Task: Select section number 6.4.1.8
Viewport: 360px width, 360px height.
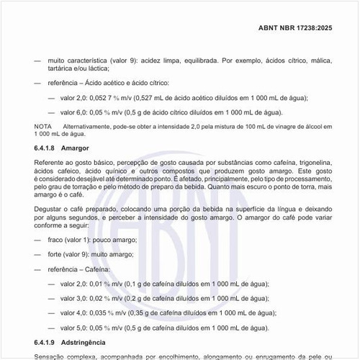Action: coord(46,148)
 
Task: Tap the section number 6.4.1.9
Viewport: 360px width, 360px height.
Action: coord(46,343)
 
